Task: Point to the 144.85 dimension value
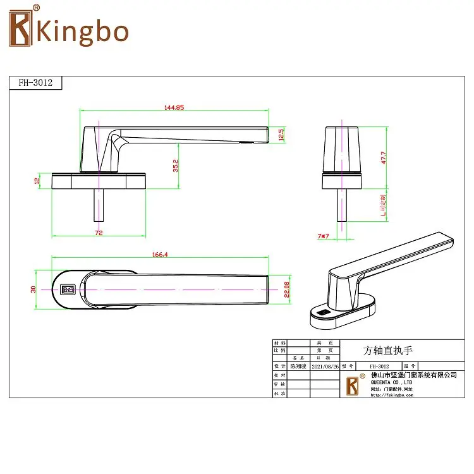pyautogui.click(x=174, y=107)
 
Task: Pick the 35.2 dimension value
pyautogui.click(x=176, y=166)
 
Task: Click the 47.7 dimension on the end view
pyautogui.click(x=384, y=157)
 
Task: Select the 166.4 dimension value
pyautogui.click(x=161, y=254)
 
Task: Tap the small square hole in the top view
pyautogui.click(x=67, y=290)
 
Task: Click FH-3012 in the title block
pyautogui.click(x=378, y=366)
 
